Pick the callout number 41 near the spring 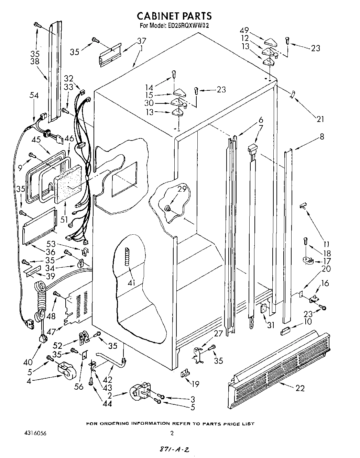click(x=131, y=283)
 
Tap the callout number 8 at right click(x=321, y=136)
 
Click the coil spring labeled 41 click(x=128, y=256)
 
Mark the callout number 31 click(x=271, y=324)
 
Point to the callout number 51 click(x=64, y=220)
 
